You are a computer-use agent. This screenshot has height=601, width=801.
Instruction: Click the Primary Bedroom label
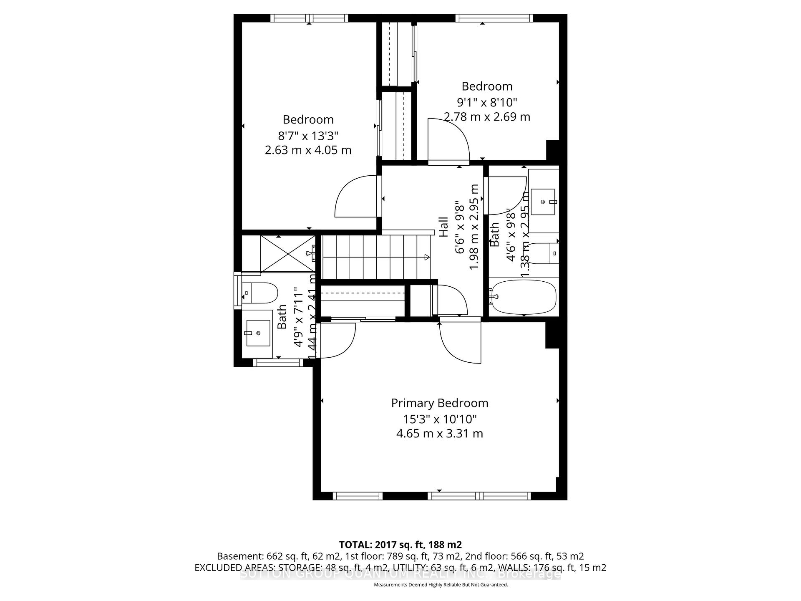[439, 403]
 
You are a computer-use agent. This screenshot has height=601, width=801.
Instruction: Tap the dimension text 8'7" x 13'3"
[308, 136]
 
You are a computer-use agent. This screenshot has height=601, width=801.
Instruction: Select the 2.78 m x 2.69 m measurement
[487, 117]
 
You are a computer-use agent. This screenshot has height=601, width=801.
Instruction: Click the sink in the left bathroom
[258, 333]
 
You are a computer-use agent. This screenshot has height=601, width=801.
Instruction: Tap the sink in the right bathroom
[542, 202]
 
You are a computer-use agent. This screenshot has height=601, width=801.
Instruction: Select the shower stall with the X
[288, 253]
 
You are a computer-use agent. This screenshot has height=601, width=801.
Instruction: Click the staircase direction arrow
[427, 257]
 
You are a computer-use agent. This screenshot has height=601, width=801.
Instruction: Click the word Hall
[444, 227]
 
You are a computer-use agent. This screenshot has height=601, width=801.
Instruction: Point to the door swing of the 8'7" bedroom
[357, 196]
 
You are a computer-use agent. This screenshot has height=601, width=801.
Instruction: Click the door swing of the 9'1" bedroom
[448, 140]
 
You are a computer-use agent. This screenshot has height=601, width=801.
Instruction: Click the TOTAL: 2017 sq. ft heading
[400, 545]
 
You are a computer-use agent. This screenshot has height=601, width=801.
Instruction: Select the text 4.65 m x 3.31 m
[439, 434]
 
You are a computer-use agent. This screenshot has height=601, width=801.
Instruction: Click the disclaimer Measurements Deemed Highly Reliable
[441, 585]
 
